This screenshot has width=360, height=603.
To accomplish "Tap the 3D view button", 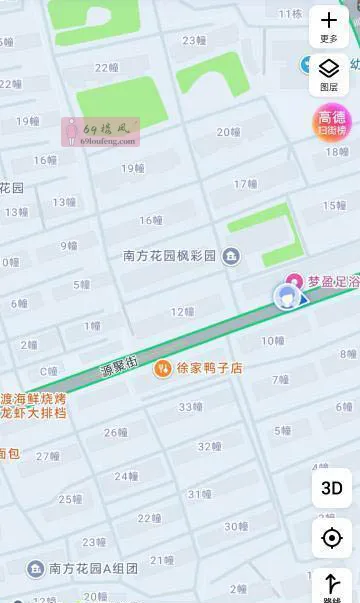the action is coord(332,488).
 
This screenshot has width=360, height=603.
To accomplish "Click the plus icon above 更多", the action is coord(329,20).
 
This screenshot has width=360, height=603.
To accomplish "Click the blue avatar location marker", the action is coord(287,296).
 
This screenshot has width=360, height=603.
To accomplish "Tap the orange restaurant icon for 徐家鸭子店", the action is coord(162,369).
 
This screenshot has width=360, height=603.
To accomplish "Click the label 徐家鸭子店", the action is coord(210,368).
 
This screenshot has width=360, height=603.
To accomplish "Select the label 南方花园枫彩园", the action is coord(169,256).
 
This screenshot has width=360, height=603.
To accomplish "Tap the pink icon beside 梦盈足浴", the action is coord(294,280).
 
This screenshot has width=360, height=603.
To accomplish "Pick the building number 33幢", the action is coord(191,407).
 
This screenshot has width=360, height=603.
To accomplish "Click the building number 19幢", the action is coord(133,168).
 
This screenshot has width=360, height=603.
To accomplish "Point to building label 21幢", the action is coord(161,560).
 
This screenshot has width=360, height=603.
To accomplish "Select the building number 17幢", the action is coord(246,184).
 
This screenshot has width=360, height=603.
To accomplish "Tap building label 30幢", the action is coord(236,526).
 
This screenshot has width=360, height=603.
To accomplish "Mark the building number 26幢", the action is coord(116,433).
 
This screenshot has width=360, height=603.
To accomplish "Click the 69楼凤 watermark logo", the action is coord(100,130).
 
